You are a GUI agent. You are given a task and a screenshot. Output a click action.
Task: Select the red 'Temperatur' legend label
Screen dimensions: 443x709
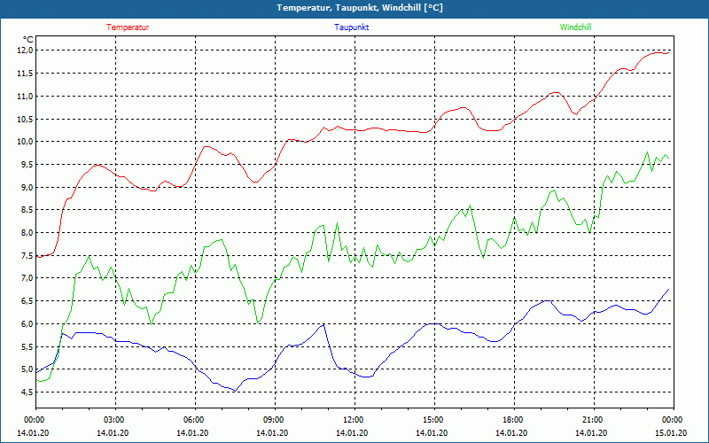click(128, 27)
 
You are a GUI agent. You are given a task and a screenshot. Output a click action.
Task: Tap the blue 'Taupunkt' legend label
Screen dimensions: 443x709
click(352, 27)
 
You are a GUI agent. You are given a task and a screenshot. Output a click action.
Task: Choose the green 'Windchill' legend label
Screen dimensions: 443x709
click(576, 27)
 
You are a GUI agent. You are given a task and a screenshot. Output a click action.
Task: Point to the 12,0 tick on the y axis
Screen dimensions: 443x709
click(24, 51)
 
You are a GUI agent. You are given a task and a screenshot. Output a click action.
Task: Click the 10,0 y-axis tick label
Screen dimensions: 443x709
click(24, 142)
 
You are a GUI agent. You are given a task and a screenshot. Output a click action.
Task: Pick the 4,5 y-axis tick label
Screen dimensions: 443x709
click(24, 392)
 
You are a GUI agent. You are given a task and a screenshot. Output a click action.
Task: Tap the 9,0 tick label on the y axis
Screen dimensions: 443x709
click(24, 187)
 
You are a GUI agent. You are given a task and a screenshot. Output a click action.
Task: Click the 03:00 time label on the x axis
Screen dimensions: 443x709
click(114, 420)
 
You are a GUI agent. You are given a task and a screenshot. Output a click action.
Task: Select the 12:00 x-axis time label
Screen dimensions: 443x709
click(354, 420)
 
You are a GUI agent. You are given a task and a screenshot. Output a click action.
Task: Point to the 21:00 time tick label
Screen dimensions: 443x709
click(593, 420)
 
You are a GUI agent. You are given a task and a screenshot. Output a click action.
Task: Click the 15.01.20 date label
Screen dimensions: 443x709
click(671, 433)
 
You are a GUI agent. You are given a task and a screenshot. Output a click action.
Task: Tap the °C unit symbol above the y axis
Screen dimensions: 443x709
click(28, 39)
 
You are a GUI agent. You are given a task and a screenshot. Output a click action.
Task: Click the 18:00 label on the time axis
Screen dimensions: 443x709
click(513, 420)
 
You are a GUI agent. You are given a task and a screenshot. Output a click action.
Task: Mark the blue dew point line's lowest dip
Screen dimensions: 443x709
click(235, 391)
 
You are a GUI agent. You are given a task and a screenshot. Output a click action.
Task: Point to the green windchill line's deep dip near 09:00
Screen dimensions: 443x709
click(258, 323)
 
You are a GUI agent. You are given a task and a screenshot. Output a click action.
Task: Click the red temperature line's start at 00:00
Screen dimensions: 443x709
click(36, 256)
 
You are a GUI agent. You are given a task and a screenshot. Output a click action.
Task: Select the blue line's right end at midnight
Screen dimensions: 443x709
click(669, 289)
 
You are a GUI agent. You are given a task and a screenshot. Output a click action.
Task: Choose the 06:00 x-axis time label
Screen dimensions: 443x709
click(194, 420)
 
